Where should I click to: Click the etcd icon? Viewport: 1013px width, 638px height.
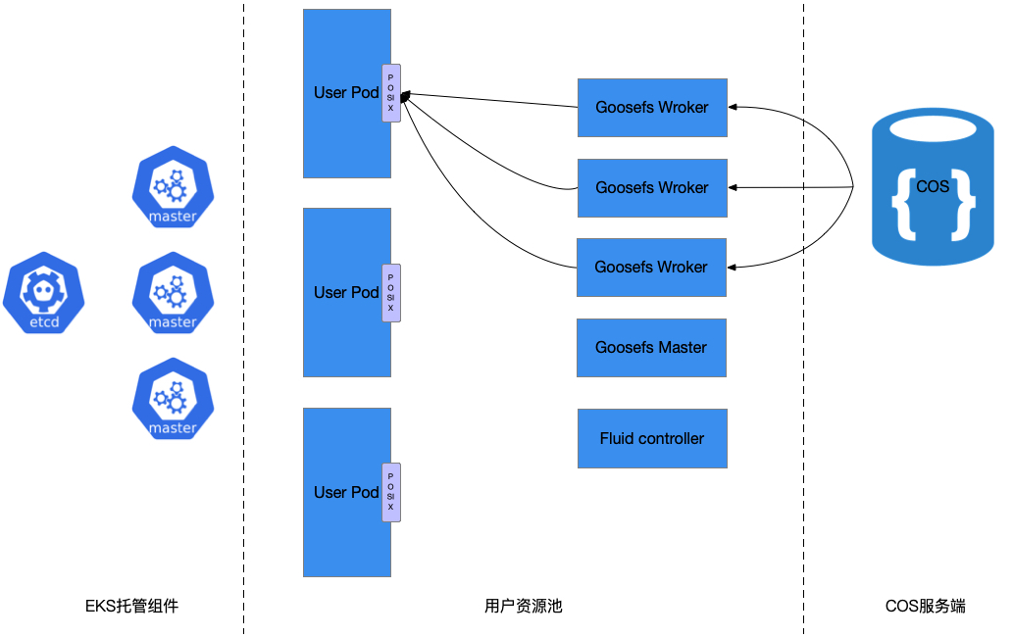[x=43, y=292]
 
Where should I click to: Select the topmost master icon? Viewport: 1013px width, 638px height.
[x=173, y=186]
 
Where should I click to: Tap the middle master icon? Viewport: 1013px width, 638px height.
[x=173, y=292]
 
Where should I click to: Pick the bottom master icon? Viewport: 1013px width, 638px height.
[x=173, y=398]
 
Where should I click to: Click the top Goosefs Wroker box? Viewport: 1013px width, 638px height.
[x=652, y=108]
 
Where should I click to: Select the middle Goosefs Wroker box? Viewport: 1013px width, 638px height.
[x=652, y=188]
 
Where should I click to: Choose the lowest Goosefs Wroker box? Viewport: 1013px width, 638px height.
[x=651, y=268]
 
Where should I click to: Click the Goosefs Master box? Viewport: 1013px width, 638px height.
[x=651, y=348]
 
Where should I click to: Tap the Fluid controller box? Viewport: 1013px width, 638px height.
[x=652, y=439]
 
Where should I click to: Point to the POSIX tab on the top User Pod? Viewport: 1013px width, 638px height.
[x=390, y=93]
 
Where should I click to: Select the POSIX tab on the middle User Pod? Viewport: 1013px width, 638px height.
[x=390, y=292]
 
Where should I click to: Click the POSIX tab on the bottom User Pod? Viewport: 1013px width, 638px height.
[x=390, y=492]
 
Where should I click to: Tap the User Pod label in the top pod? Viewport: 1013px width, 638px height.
[x=346, y=93]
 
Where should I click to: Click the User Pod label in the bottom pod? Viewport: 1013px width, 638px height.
[x=346, y=492]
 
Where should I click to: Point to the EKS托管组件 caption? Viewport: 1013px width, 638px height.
[x=131, y=607]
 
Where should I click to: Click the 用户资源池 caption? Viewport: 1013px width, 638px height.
[x=524, y=607]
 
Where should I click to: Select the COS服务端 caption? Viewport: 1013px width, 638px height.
[x=925, y=607]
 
